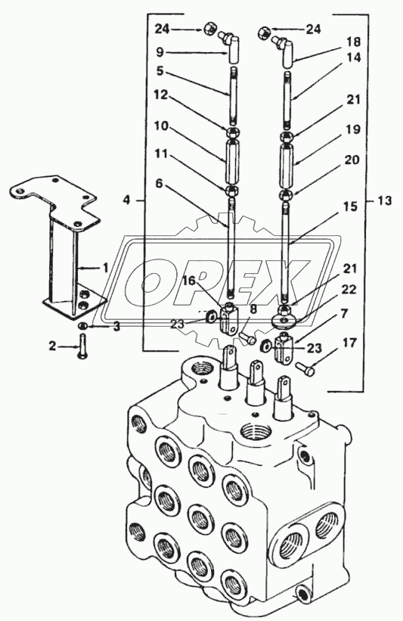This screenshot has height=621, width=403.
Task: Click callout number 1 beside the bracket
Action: point(105,269)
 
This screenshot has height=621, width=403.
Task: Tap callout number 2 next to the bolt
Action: point(53,346)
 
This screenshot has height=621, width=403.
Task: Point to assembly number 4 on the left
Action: point(126,200)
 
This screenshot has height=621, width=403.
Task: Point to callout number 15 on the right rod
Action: point(350,206)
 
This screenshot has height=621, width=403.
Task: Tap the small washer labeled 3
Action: point(82,326)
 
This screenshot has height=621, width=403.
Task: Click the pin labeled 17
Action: point(305,369)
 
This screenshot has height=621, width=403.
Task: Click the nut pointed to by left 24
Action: point(209,29)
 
